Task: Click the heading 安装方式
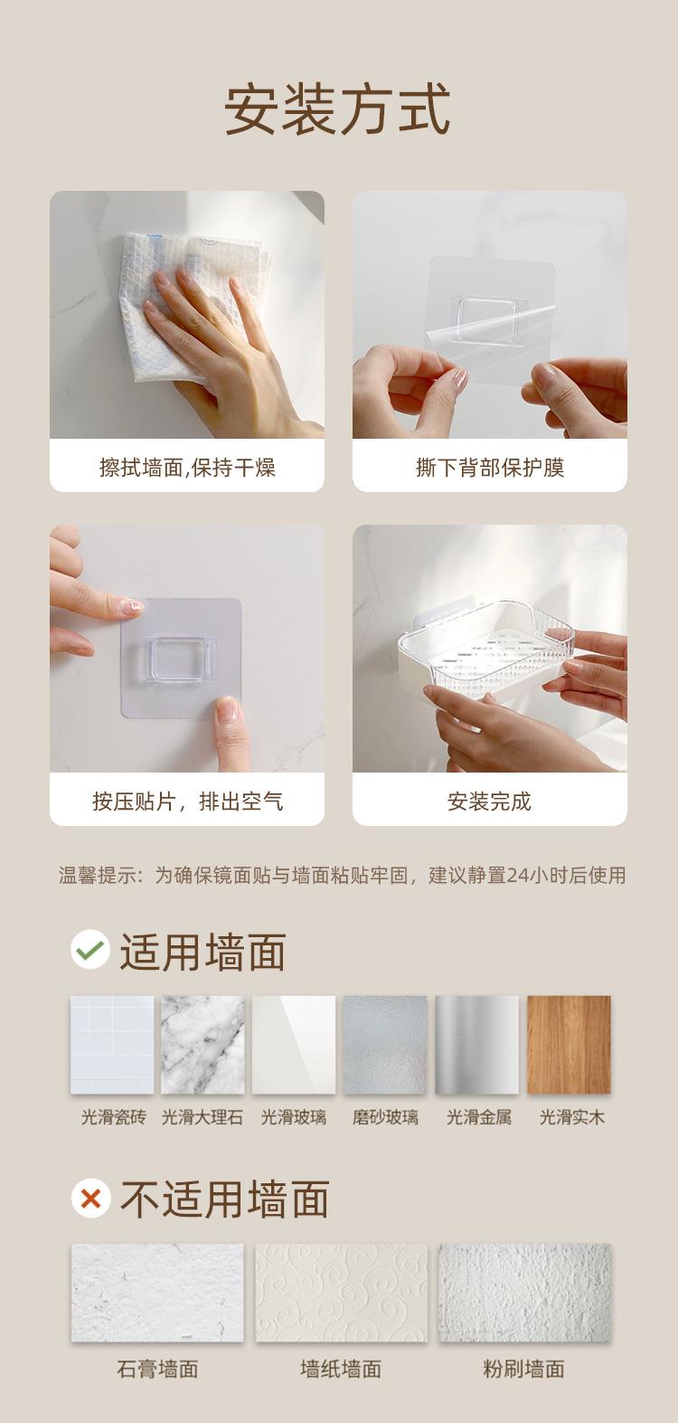[x=338, y=109]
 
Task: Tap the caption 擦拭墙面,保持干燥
[x=187, y=468]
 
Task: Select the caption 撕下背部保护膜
[x=490, y=468]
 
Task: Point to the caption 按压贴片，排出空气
[x=187, y=802]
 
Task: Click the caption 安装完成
[x=489, y=802]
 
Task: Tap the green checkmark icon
[x=90, y=949]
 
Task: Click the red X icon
[x=90, y=1198]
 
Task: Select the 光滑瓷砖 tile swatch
[x=112, y=1044]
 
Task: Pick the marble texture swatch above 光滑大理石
[x=202, y=1044]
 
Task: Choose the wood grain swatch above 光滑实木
[x=569, y=1044]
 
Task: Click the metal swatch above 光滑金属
[x=476, y=1044]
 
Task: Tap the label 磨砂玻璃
[x=385, y=1117]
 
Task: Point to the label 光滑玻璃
[x=294, y=1117]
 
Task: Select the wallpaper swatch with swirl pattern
[x=341, y=1292]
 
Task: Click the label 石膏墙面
[x=157, y=1369]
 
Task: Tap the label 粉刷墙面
[x=523, y=1369]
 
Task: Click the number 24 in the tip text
[x=517, y=876]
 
